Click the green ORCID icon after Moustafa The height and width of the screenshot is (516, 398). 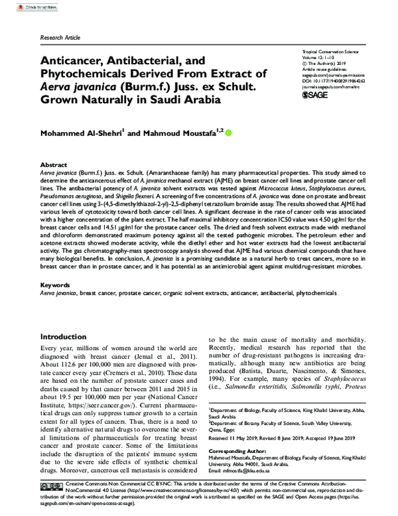pyautogui.click(x=230, y=133)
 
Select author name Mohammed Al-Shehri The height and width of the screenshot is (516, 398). pyautogui.click(x=82, y=133)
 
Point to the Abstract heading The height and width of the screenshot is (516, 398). pyautogui.click(x=54, y=164)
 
